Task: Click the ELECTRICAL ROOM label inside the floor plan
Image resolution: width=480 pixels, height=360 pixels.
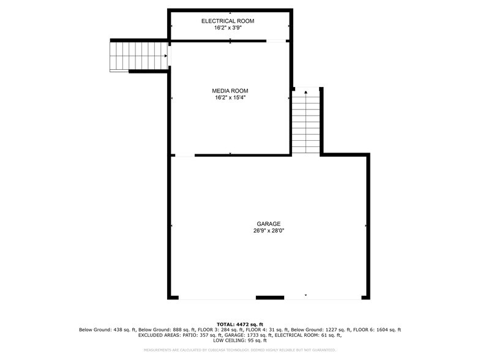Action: pos(228,21)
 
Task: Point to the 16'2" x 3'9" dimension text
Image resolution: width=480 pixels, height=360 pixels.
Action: pos(228,28)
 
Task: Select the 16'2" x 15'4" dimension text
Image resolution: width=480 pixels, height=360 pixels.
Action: pos(231,97)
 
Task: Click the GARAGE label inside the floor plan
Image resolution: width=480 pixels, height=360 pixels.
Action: pos(269,223)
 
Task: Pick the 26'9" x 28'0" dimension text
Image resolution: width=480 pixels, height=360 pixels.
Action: pos(269,231)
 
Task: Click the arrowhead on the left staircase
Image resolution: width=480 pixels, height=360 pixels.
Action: pos(166,56)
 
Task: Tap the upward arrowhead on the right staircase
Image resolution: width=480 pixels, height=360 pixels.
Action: pos(306,92)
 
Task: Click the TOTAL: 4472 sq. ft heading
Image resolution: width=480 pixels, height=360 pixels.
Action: pos(240,324)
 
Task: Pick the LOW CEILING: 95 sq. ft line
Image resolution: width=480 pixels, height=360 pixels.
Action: pos(240,340)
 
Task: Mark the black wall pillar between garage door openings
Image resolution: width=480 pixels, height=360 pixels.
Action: pos(269,298)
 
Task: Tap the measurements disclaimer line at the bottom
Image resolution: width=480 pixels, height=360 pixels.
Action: pos(240,350)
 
